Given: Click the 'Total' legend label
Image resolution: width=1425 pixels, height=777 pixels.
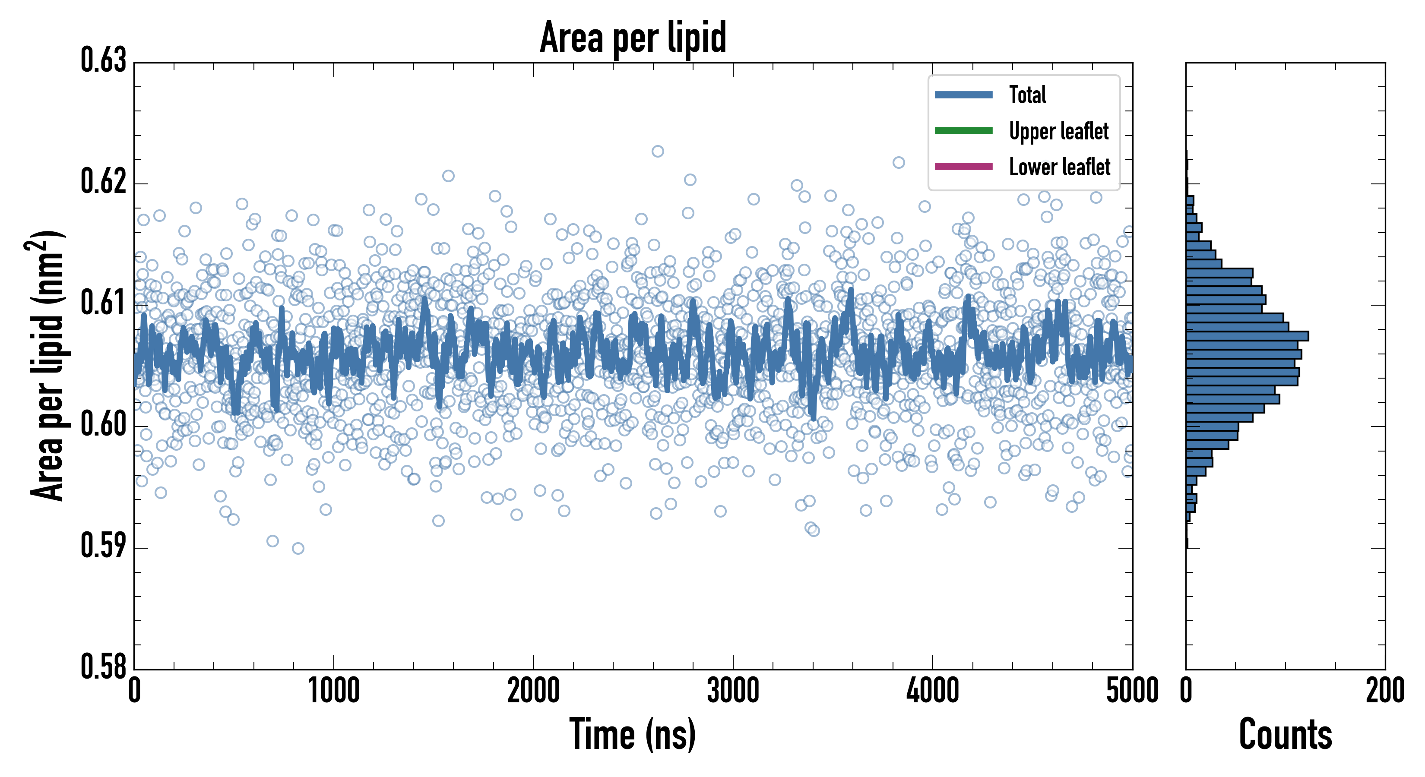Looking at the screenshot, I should click(x=1027, y=95).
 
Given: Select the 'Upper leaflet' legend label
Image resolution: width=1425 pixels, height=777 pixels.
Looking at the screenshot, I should click(x=1058, y=131).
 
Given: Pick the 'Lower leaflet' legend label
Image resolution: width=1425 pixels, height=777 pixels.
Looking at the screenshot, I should click(x=1059, y=167).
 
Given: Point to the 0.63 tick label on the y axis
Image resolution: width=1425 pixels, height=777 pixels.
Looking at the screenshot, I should click(x=104, y=60).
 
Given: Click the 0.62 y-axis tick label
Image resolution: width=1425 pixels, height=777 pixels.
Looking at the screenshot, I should click(x=104, y=181).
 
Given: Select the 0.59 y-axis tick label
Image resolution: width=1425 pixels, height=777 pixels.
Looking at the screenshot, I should click(x=104, y=546).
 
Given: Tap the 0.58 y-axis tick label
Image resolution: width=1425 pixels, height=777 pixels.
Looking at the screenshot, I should click(x=104, y=666).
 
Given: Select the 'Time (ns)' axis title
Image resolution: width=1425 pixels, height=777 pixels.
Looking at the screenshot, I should click(x=633, y=734).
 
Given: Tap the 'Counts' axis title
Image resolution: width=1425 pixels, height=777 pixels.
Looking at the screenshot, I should click(x=1286, y=734).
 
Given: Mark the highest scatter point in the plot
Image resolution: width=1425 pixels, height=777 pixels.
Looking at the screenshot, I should click(x=657, y=152).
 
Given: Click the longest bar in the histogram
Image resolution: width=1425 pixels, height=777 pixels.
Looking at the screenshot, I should click(x=1247, y=336).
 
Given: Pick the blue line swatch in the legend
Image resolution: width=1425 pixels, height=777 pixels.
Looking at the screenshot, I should click(x=963, y=95).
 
